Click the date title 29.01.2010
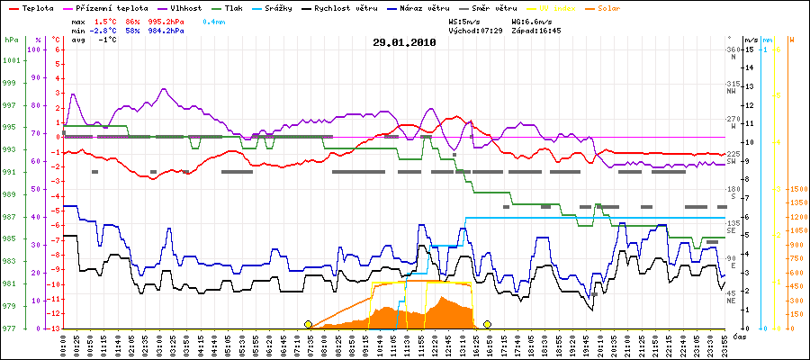click(404, 41)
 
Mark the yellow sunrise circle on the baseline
click(309, 324)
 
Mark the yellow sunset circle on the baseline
click(488, 324)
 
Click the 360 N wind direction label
click(732, 51)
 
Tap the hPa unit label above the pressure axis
click(10, 40)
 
